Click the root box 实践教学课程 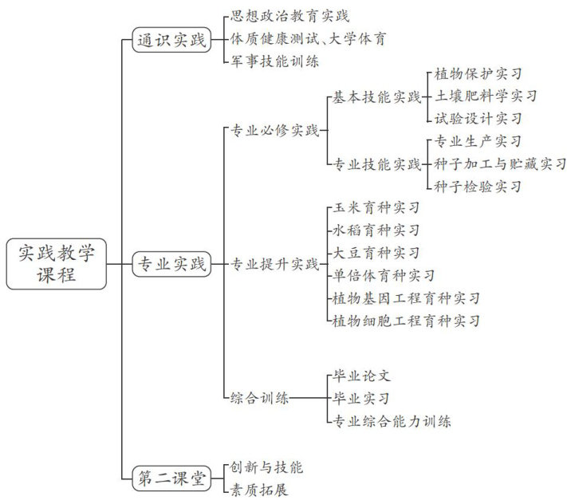57,264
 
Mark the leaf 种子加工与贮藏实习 500,164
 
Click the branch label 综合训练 259,398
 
